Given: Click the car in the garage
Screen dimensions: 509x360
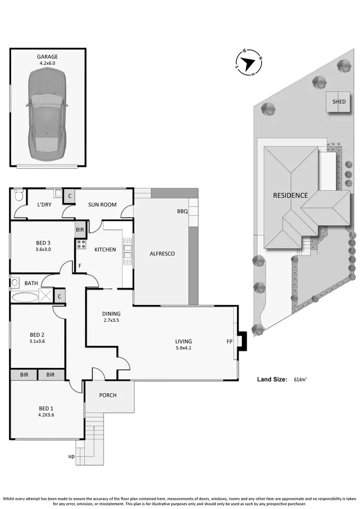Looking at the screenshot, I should [47, 114].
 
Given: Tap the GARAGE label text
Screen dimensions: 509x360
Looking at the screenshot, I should [48, 56].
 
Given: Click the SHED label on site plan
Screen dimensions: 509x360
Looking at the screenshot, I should [339, 102].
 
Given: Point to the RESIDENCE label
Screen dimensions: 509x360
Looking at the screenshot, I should [290, 195].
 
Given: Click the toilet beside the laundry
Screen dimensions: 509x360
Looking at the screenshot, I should [19, 196].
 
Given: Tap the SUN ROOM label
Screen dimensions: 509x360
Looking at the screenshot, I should [102, 205].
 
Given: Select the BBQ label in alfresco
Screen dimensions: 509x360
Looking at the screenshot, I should [182, 211].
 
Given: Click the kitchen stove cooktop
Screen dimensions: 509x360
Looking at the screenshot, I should [81, 244].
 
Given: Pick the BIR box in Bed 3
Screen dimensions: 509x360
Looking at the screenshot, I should [80, 230].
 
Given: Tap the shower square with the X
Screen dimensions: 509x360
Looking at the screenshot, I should [46, 295].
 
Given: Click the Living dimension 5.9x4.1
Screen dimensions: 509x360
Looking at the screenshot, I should [183, 348].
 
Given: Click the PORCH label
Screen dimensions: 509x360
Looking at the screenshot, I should [108, 395].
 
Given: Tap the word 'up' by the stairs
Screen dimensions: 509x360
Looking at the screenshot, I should [71, 456].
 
